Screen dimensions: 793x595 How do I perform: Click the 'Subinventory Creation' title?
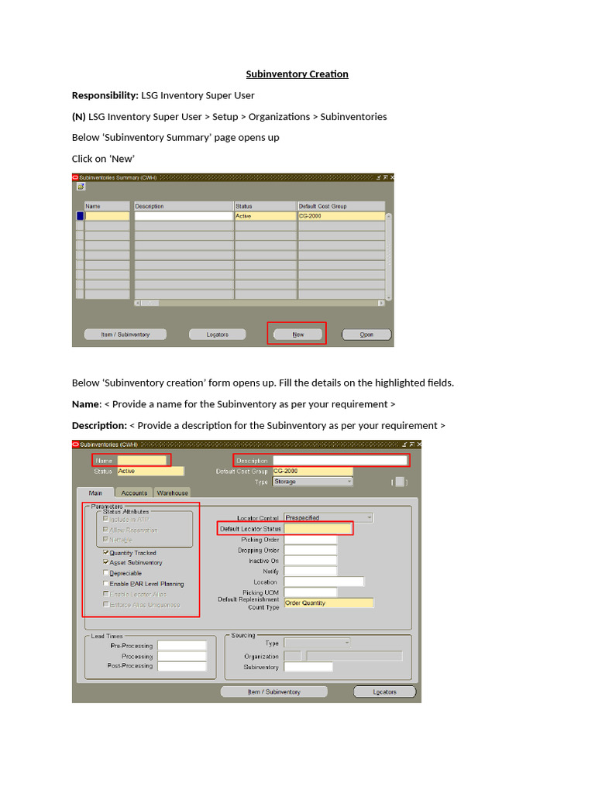point(297,74)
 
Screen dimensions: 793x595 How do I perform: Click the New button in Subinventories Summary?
point(297,335)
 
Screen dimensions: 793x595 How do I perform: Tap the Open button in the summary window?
point(366,335)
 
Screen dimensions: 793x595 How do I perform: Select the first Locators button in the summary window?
point(218,335)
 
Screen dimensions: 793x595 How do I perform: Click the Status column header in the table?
point(265,206)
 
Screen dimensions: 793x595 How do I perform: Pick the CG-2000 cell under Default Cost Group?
point(341,216)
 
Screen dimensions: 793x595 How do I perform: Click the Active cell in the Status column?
point(265,216)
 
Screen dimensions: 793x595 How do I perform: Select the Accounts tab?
point(134,493)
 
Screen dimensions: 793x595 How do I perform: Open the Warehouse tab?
point(172,493)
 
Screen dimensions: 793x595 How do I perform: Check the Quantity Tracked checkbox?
point(106,553)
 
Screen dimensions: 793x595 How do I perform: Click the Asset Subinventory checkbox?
point(106,563)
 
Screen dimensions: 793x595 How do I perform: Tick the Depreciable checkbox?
point(106,573)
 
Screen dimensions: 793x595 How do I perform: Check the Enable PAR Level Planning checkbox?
point(106,584)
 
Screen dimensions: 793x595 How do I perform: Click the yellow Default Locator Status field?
point(318,529)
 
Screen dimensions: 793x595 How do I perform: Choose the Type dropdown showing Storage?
point(311,482)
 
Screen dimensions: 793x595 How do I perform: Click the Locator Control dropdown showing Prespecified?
point(328,517)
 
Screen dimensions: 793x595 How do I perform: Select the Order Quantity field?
point(328,602)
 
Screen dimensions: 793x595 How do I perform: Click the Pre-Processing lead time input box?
point(182,645)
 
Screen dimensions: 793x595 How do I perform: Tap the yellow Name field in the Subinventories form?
point(142,460)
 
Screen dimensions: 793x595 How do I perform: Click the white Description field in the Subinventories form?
point(340,460)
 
